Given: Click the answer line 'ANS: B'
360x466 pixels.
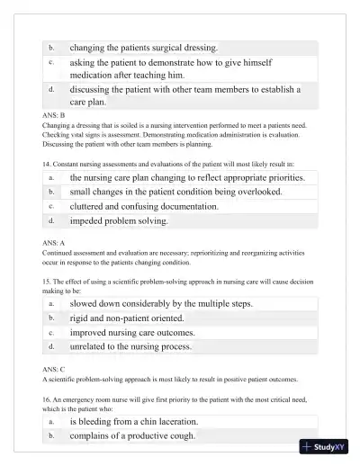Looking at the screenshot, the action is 53,116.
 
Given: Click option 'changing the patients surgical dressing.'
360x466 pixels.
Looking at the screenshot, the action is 143,47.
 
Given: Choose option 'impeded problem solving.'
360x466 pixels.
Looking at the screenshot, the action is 118,220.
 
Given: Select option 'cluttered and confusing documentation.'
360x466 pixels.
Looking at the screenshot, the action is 144,206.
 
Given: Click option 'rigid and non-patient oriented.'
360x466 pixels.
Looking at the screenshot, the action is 126,318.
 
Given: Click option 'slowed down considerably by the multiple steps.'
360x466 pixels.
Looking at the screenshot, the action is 161,303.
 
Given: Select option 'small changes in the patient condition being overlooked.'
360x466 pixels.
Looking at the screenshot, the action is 175,192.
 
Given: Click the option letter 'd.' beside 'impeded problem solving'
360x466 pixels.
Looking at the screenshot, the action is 51,220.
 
